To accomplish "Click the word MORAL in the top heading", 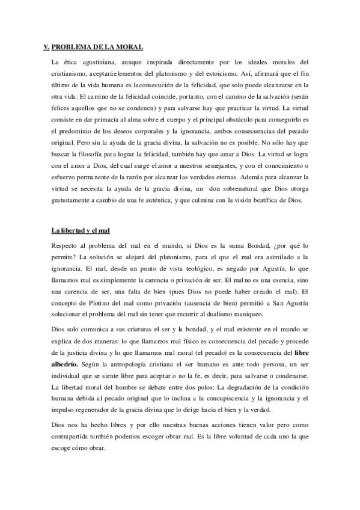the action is pyautogui.click(x=128, y=47).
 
